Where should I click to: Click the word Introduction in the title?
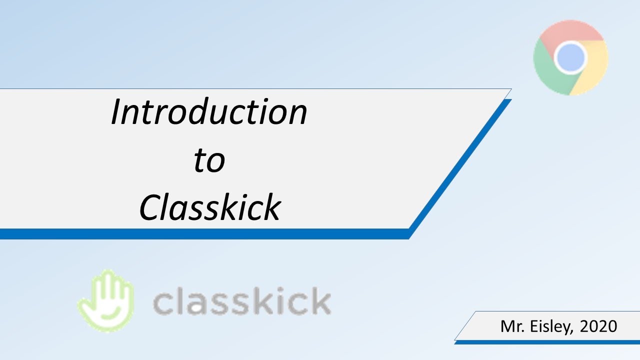pyautogui.click(x=208, y=111)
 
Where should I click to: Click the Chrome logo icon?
pyautogui.click(x=570, y=58)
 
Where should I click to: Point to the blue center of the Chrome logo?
pyautogui.click(x=570, y=58)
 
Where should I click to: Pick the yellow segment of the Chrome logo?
pyautogui.click(x=595, y=70)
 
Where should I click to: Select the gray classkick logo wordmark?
pyautogui.click(x=241, y=301)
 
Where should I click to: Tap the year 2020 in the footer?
pyautogui.click(x=598, y=326)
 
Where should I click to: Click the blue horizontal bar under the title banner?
pyautogui.click(x=200, y=234)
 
